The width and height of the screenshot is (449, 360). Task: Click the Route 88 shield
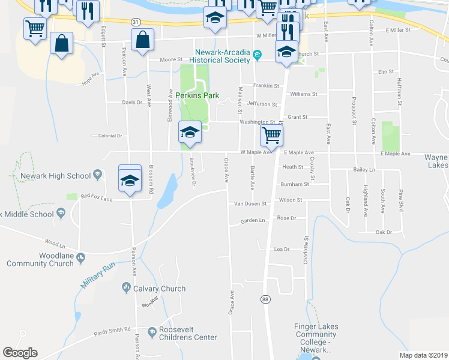coord(265,298)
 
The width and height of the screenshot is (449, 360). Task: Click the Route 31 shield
coord(136,22)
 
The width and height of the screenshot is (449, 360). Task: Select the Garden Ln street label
coord(252,221)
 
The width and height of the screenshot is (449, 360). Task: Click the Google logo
coord(20,353)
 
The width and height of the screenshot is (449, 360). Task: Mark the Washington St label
coord(258,122)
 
